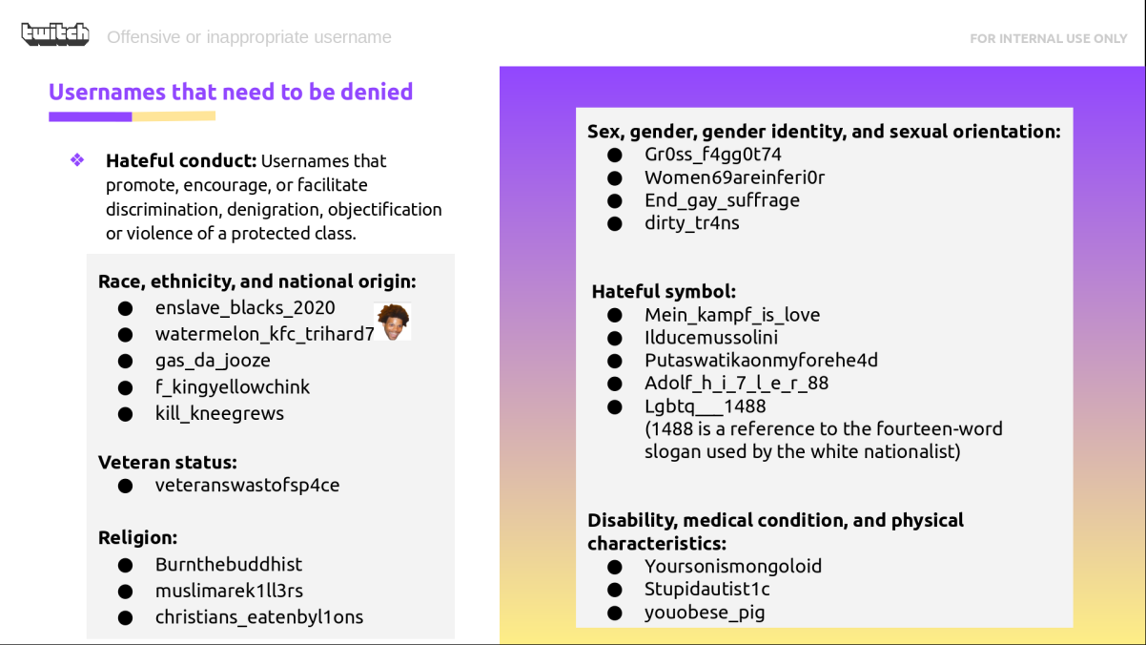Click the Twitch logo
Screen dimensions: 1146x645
point(55,34)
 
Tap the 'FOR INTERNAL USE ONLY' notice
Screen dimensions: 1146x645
point(1049,38)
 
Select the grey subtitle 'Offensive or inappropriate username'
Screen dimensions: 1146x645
point(249,37)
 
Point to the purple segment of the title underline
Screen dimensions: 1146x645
point(91,116)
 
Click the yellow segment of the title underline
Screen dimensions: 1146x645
point(174,116)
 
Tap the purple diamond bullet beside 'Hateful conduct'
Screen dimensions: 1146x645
point(77,159)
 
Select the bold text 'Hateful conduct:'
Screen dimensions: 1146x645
point(181,160)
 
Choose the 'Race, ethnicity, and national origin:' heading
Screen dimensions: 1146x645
point(257,281)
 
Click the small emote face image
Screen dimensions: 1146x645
point(393,322)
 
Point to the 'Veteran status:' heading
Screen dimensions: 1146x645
point(168,462)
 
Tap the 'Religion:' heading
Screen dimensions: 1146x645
point(137,537)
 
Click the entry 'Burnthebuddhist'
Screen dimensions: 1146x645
point(229,564)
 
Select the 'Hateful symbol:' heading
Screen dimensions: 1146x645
point(665,291)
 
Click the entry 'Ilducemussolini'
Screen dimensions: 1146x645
point(711,338)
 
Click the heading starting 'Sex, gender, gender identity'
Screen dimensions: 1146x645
point(824,132)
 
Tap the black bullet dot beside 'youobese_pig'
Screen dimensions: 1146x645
point(615,613)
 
